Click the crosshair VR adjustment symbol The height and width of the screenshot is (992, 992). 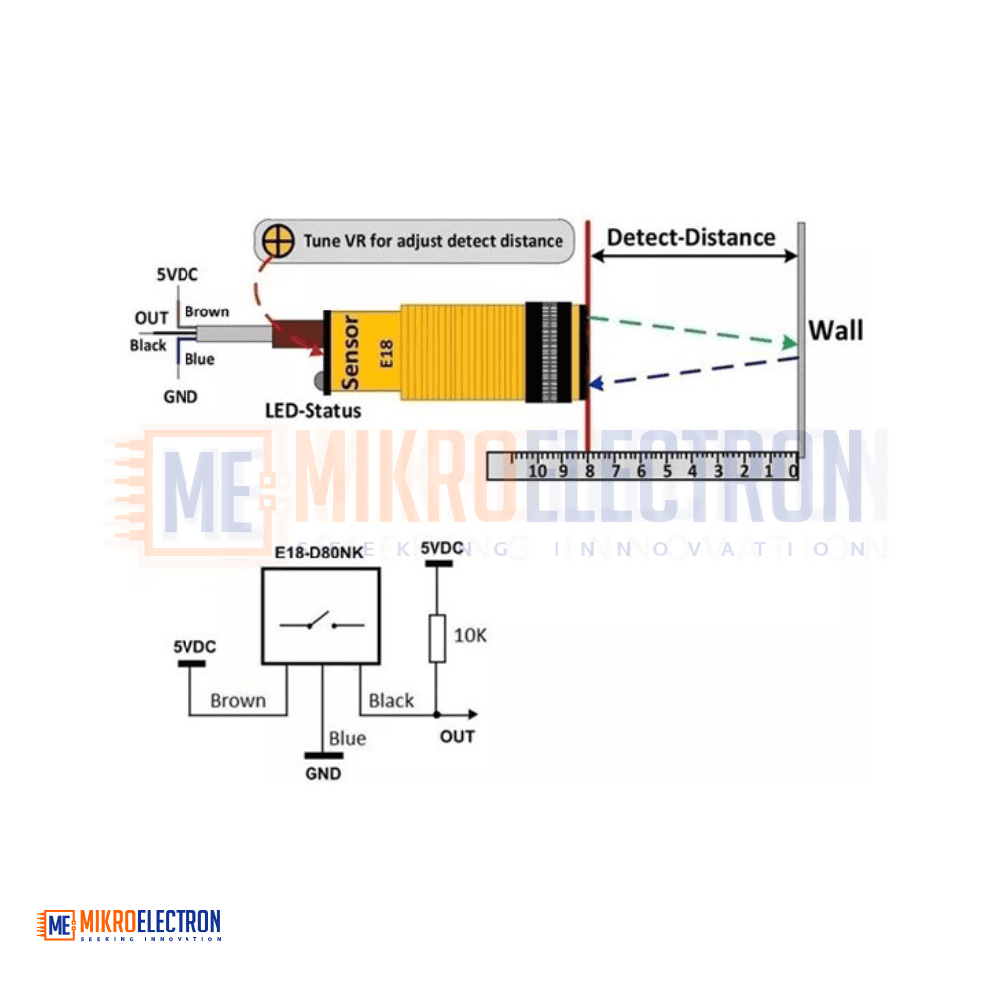point(278,241)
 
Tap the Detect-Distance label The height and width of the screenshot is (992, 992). point(690,238)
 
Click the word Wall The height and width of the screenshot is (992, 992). point(835,331)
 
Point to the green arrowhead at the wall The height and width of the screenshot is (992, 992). point(790,343)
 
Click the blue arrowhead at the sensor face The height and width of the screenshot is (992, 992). point(596,383)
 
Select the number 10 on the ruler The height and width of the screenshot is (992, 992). point(537,471)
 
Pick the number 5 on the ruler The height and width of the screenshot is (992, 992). point(667,471)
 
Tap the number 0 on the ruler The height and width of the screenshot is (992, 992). point(793,471)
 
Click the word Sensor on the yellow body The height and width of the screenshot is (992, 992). point(350,353)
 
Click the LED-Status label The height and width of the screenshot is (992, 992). point(313,411)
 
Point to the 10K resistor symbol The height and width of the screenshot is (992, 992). point(437,638)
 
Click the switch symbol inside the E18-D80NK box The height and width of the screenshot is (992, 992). point(321,623)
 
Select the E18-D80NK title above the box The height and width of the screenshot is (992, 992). point(318,553)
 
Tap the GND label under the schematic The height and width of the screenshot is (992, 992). point(322,773)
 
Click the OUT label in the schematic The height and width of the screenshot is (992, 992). point(457,736)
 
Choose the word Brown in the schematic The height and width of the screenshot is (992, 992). point(238,701)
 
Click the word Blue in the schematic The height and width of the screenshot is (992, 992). point(347,738)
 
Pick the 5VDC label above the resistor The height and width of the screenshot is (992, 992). point(442,548)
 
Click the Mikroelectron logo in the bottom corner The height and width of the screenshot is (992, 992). point(129,925)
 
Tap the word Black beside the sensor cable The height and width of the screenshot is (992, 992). point(148,345)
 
